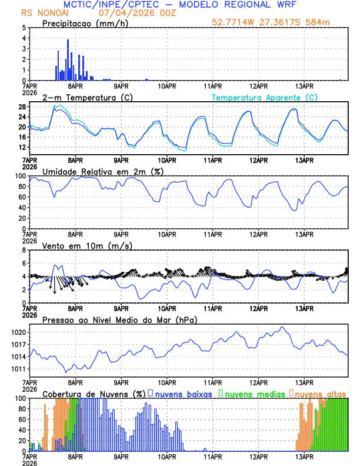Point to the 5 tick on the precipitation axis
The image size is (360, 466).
[x=23, y=28]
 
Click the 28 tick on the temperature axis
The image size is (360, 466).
[x=21, y=106]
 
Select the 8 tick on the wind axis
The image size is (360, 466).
[x=23, y=250]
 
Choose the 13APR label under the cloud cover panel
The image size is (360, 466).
[x=304, y=456]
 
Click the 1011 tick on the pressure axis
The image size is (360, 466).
[x=19, y=369]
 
